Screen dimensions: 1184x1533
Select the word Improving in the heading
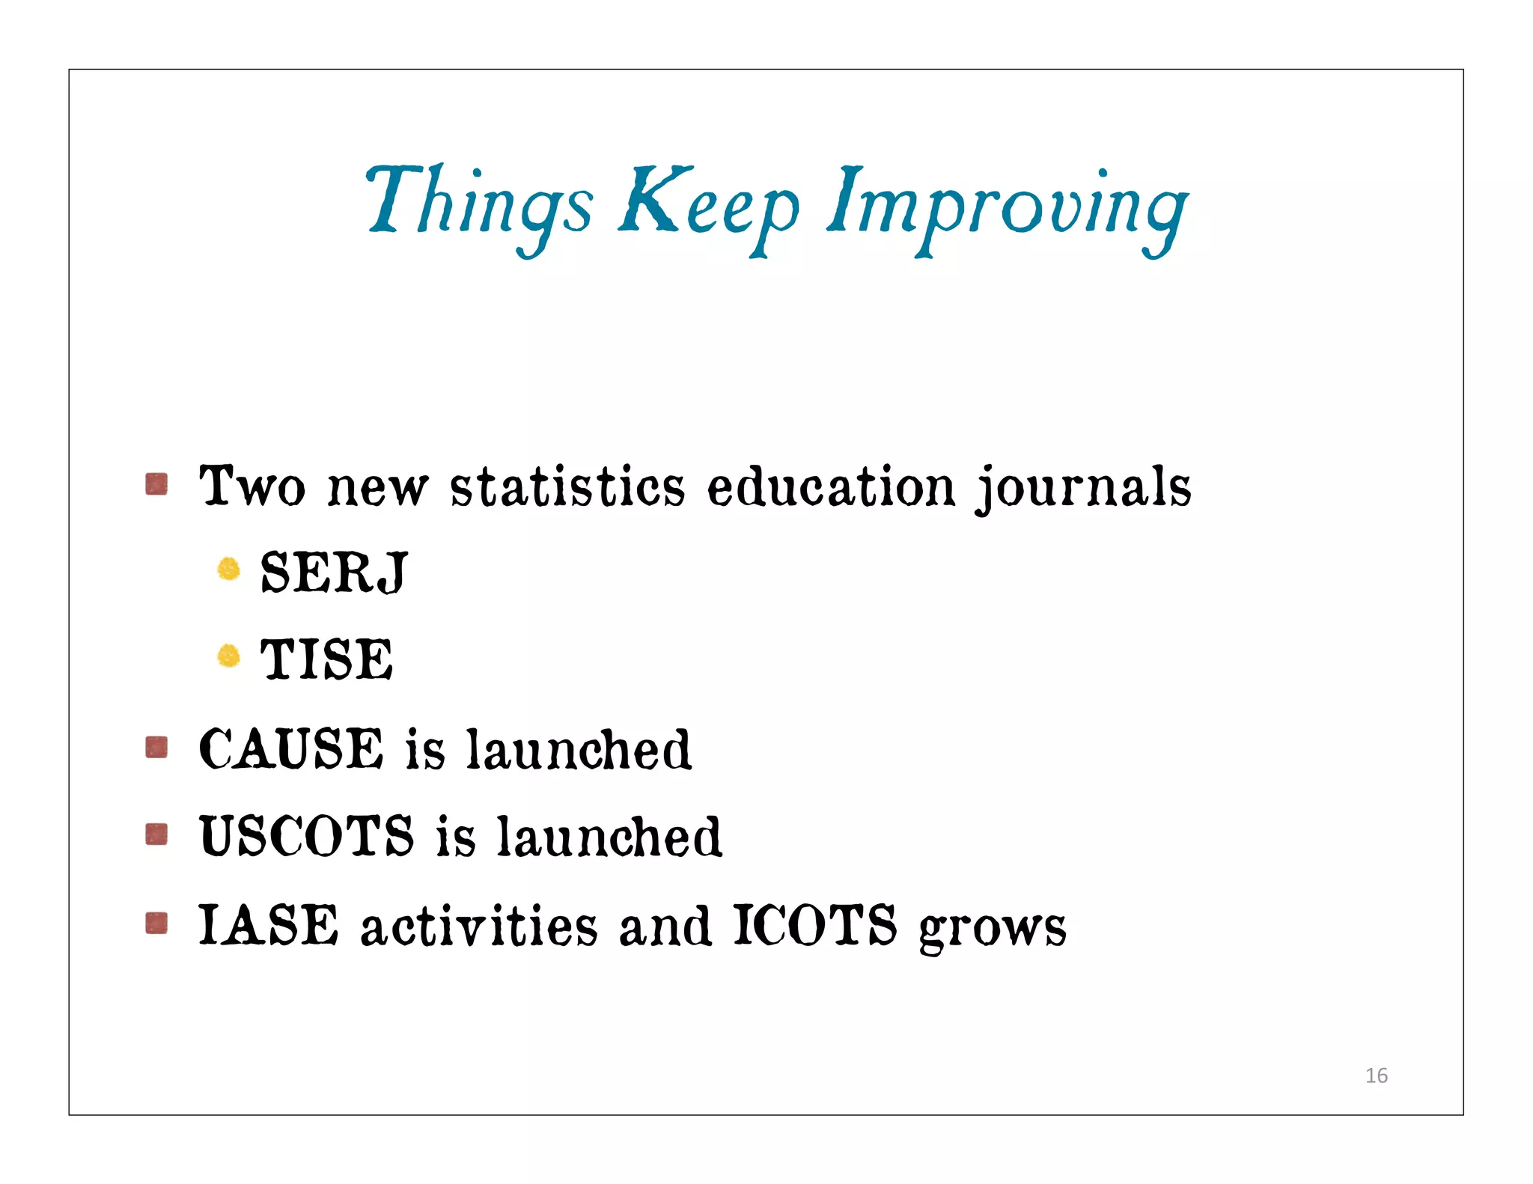click(x=1007, y=206)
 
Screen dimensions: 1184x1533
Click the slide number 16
click(x=1376, y=1075)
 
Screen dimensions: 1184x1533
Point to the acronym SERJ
click(x=334, y=573)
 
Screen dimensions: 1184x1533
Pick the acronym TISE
click(x=326, y=659)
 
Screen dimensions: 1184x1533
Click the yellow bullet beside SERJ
click(x=228, y=570)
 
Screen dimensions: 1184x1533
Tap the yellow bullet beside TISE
click(x=228, y=656)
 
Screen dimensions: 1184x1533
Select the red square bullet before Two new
click(x=156, y=484)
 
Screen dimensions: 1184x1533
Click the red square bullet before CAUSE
click(x=156, y=747)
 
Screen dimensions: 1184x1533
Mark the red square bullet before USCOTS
click(x=156, y=834)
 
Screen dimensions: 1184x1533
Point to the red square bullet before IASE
click(x=156, y=923)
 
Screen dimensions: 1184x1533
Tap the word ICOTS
click(x=814, y=925)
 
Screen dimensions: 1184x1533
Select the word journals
click(x=1083, y=488)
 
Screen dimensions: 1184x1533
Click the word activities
click(x=479, y=925)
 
